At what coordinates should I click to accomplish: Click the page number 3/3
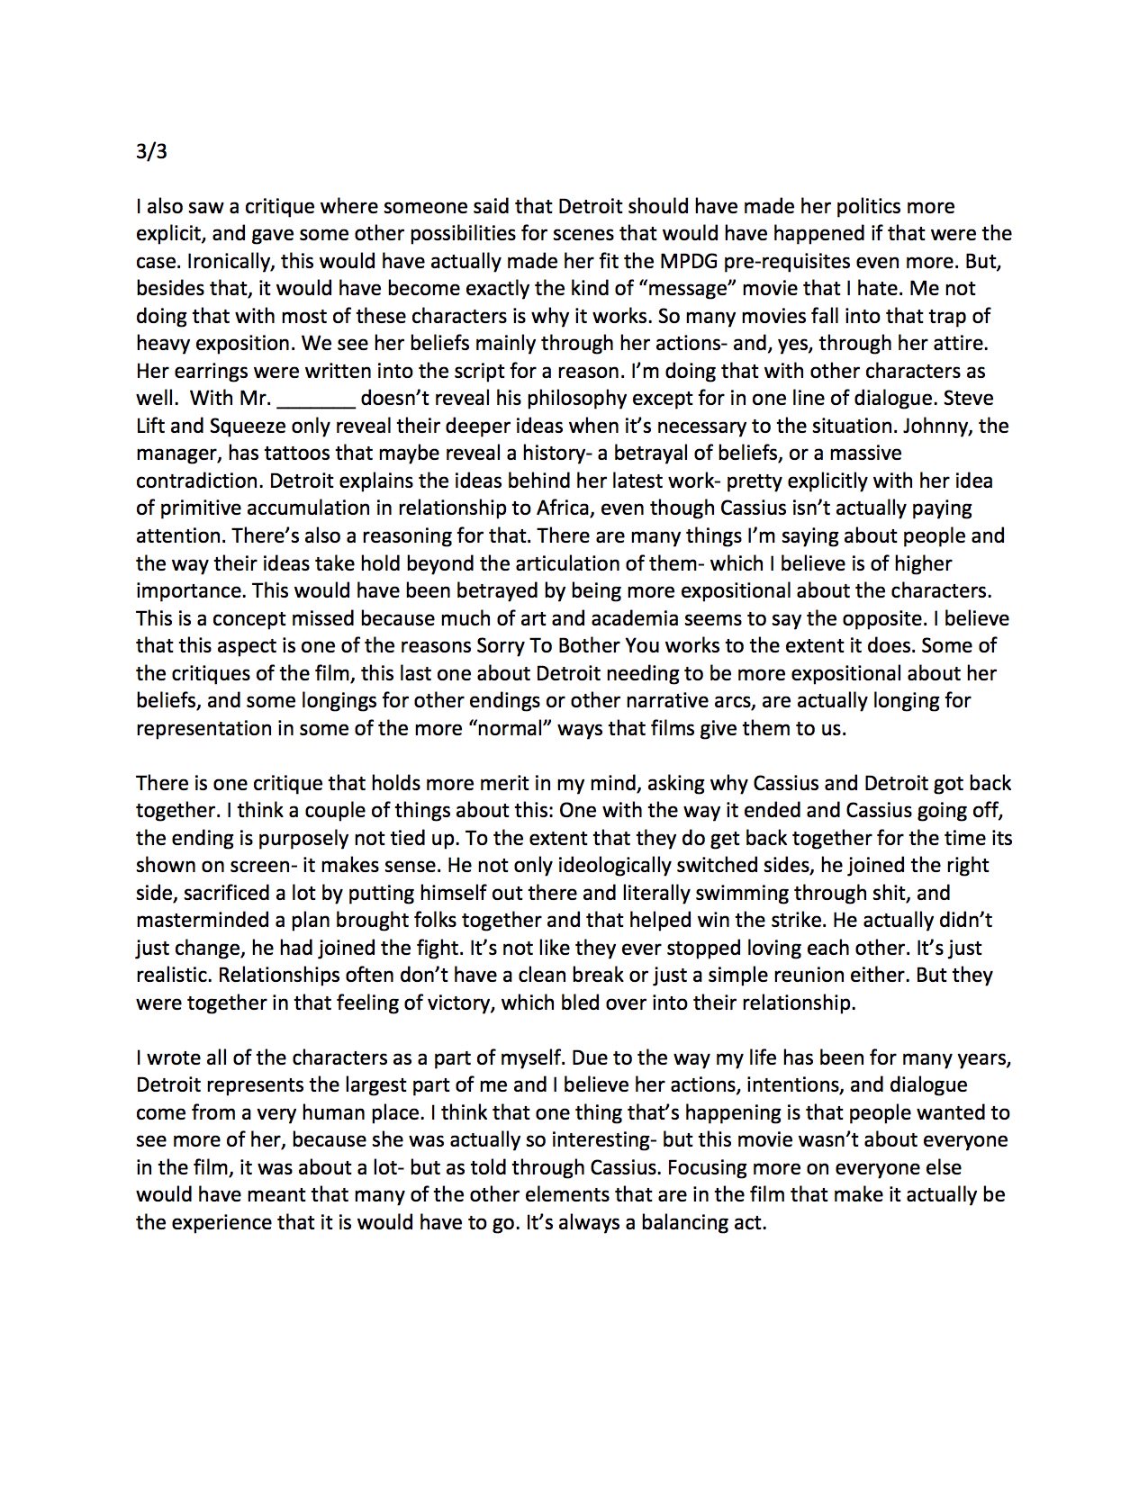151,151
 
